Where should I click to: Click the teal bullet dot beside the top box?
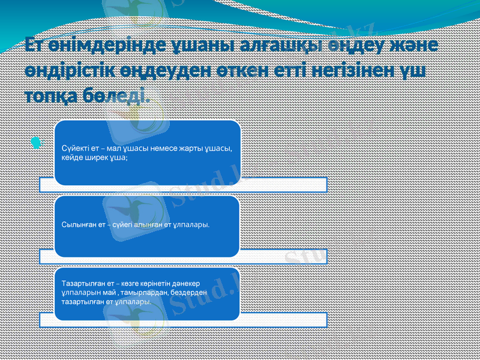(37, 143)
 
